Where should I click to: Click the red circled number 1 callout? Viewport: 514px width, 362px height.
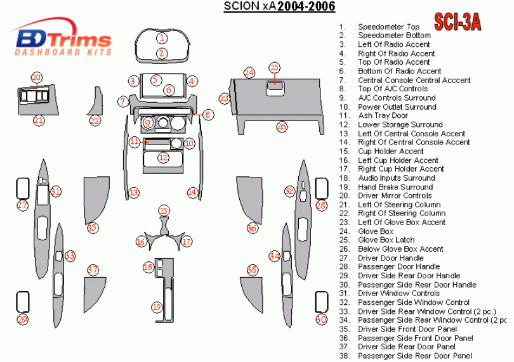point(162,38)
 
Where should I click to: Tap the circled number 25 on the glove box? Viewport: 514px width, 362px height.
point(274,68)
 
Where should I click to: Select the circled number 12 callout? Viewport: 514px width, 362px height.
point(163,157)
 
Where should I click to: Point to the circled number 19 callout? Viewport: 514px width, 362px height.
point(157,307)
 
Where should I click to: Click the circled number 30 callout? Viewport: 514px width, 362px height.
point(321,320)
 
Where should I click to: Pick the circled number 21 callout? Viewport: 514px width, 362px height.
point(39,120)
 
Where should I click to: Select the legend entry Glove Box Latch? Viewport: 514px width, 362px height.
point(386,240)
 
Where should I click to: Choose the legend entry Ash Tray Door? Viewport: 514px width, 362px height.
point(383,116)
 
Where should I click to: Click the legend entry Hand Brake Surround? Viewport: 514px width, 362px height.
point(395,187)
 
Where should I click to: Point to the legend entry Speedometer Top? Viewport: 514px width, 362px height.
point(388,27)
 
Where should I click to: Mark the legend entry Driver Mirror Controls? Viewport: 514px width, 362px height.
point(395,196)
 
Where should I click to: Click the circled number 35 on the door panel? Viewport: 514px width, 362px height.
point(92,228)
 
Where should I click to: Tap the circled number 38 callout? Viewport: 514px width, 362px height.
point(253,270)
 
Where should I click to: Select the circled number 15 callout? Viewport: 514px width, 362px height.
point(164,210)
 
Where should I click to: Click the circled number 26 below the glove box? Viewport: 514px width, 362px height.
point(282,127)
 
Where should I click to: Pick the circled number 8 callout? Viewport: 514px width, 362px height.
point(208,114)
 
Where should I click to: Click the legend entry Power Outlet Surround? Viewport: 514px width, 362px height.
point(397,107)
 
